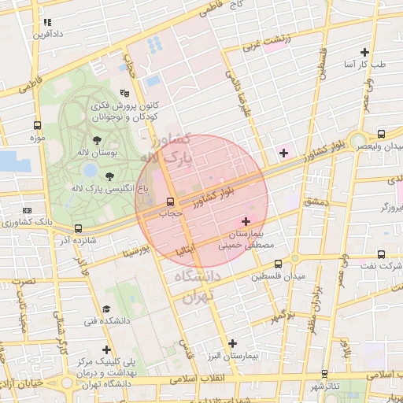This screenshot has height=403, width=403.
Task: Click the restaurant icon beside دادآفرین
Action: pos(48,23)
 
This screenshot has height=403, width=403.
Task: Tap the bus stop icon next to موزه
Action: pos(37,126)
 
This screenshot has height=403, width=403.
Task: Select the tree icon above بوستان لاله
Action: pos(97,139)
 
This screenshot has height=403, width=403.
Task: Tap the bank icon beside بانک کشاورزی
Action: pos(28,211)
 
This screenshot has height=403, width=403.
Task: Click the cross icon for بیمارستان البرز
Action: pos(232,342)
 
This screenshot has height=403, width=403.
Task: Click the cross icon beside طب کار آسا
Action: pos(364,53)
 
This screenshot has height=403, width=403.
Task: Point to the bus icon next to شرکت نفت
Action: pos(381,254)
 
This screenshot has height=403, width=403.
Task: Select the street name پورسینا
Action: pos(135,252)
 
